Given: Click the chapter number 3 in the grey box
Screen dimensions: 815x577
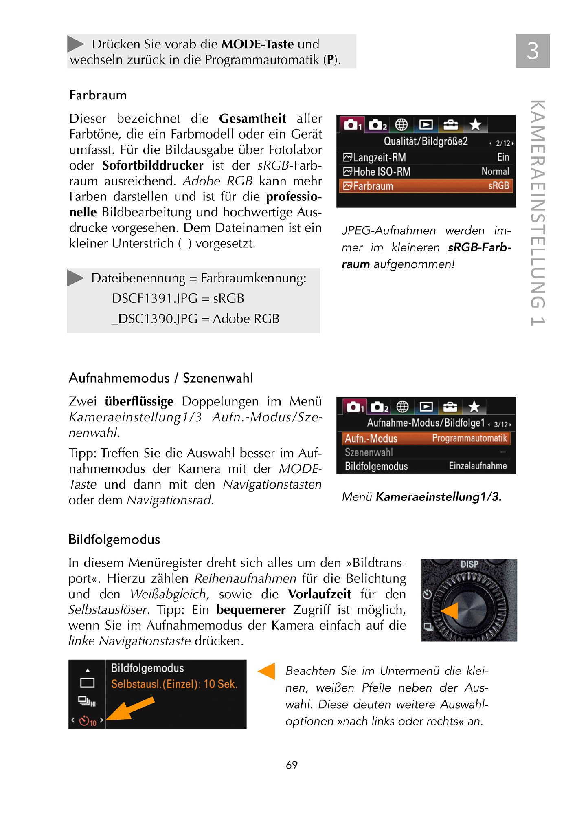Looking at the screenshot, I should [x=532, y=51].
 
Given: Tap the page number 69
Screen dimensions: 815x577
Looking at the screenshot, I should [x=292, y=765].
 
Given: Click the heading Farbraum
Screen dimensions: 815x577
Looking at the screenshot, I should [x=98, y=95].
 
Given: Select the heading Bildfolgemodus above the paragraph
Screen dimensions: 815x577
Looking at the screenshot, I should [x=114, y=539].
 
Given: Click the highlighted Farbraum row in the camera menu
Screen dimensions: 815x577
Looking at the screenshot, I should [x=426, y=186].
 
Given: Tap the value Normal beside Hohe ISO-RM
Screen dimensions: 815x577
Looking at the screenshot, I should [x=495, y=171].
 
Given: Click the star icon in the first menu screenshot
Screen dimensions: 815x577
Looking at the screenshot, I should [x=475, y=125].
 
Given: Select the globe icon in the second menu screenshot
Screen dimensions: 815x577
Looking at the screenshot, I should [x=402, y=407].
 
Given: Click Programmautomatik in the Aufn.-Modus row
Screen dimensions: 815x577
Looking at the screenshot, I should [x=469, y=438].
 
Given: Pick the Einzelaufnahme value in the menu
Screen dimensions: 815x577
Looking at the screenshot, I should [x=478, y=466].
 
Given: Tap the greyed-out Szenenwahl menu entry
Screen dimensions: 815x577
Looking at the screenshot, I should [x=369, y=452].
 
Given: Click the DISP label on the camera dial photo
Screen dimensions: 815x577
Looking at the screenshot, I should [x=469, y=564].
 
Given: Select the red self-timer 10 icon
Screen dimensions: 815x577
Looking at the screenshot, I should [x=87, y=721].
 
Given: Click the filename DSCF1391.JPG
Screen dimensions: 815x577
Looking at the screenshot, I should [x=154, y=298].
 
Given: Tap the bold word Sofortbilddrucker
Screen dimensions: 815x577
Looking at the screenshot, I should [x=153, y=165].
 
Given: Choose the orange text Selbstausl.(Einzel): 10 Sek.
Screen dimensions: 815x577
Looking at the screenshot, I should [x=174, y=684].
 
